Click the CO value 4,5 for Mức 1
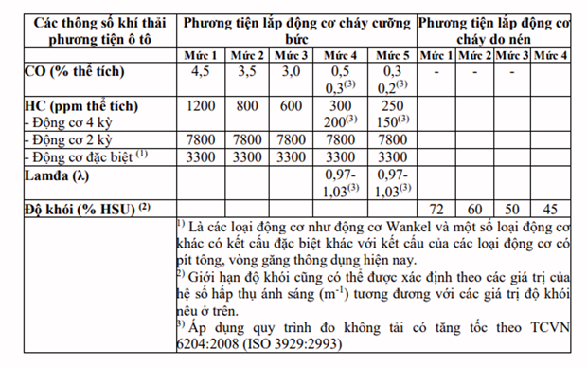pyautogui.click(x=200, y=71)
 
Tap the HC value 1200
pyautogui.click(x=200, y=106)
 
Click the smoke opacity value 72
pyautogui.click(x=436, y=208)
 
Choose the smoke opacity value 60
pyautogui.click(x=475, y=208)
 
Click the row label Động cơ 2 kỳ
pyautogui.click(x=70, y=139)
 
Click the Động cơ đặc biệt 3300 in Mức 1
pyautogui.click(x=200, y=156)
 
